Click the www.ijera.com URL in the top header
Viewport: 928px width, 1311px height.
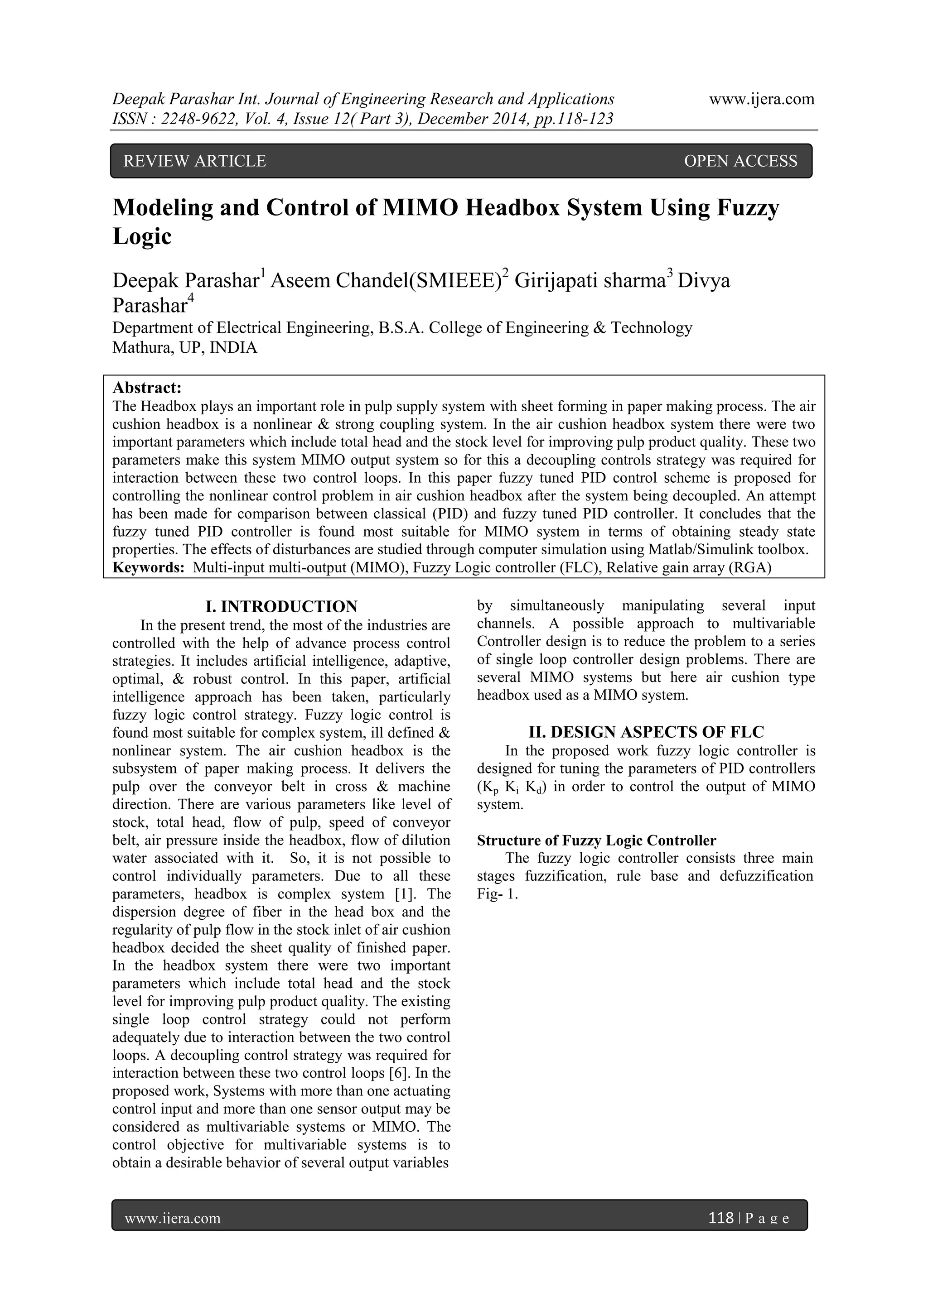761,99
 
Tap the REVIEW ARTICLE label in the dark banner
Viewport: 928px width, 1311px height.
195,161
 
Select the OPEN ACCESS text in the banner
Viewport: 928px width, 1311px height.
740,161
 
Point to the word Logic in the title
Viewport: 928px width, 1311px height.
142,236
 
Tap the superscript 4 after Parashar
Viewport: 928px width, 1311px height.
191,298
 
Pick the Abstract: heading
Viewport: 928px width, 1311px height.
147,388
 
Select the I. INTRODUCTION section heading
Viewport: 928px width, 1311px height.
281,606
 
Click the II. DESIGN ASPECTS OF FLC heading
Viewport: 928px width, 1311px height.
646,732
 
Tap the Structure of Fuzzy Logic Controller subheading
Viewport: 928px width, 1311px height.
596,840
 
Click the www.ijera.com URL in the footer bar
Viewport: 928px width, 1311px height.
173,1219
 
